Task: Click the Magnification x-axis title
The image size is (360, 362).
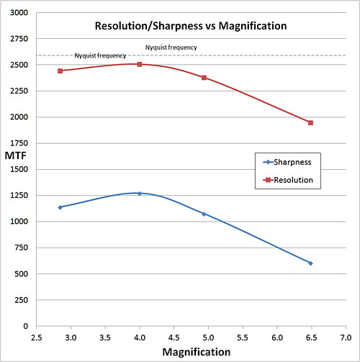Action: tap(196, 352)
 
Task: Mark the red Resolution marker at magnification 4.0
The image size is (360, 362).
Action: tap(140, 64)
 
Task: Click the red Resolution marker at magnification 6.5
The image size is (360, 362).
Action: tap(310, 122)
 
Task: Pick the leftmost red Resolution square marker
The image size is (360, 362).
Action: tap(60, 71)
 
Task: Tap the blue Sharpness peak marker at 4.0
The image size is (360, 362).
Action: tap(140, 193)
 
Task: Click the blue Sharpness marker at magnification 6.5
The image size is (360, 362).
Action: tap(310, 263)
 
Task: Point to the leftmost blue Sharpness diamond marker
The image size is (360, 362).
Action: tap(60, 207)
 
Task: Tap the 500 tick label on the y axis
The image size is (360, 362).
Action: tap(19, 273)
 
